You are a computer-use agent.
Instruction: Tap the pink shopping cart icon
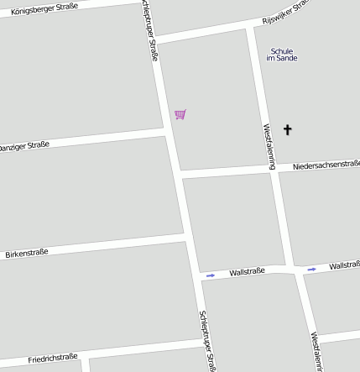(x=180, y=114)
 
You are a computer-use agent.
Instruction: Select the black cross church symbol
(x=288, y=129)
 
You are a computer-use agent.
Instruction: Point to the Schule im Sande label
(x=282, y=55)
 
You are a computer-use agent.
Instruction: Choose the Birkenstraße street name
(x=27, y=252)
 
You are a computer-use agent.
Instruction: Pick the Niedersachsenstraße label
(x=326, y=165)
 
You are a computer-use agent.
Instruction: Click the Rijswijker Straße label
(x=286, y=11)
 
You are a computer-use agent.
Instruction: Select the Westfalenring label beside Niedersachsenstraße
(x=269, y=146)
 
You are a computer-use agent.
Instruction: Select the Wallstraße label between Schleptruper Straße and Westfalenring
(x=247, y=271)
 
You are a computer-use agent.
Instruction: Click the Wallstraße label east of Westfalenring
(x=344, y=265)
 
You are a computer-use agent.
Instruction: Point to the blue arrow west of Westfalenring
(x=211, y=275)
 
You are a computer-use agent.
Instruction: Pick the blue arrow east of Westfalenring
(x=311, y=269)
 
